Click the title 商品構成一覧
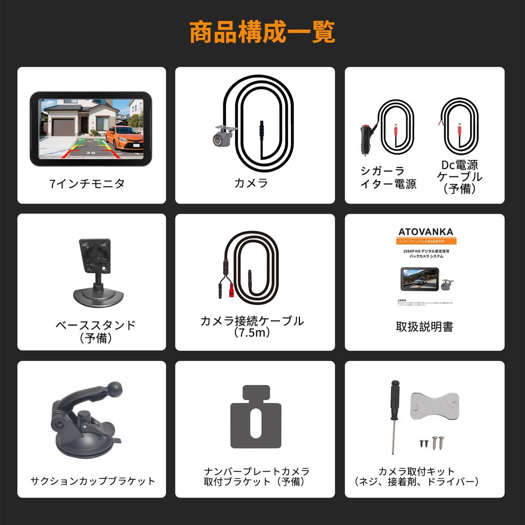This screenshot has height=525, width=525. tap(262, 32)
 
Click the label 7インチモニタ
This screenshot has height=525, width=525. tap(87, 184)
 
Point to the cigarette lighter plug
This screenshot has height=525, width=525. tap(366, 138)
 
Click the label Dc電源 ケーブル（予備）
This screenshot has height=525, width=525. tap(460, 177)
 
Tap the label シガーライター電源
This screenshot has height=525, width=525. tap(388, 178)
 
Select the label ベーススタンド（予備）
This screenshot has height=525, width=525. tap(95, 331)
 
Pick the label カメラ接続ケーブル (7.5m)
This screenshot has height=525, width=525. tap(252, 327)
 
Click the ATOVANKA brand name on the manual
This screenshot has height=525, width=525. tap(426, 232)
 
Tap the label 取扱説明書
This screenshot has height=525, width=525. tap(425, 327)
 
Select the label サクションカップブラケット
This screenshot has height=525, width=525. tap(93, 481)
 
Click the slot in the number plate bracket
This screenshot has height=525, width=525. tap(255, 423)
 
